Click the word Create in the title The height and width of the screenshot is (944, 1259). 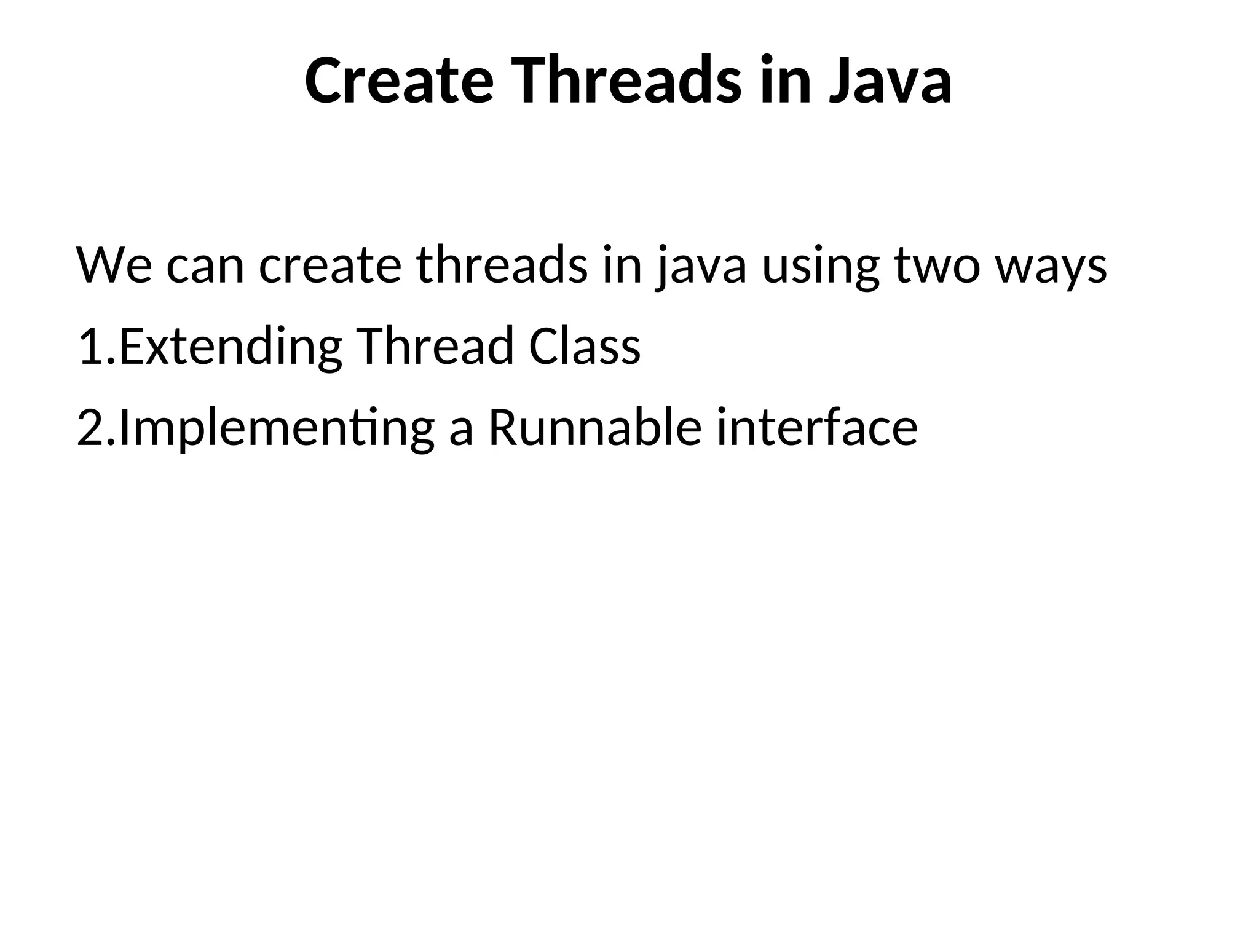tap(399, 81)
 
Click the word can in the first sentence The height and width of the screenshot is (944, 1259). tap(205, 266)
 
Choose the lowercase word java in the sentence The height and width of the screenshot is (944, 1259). tap(701, 266)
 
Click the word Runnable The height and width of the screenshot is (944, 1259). tap(594, 428)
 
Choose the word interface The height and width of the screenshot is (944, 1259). tap(817, 428)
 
